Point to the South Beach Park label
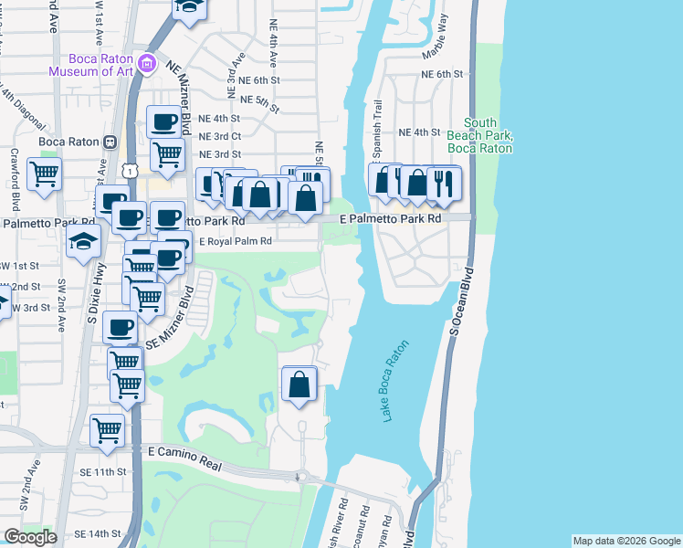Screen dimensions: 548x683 [480, 135]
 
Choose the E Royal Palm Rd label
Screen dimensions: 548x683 [236, 241]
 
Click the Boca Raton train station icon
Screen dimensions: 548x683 [110, 142]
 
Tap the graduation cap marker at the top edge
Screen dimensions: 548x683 [190, 7]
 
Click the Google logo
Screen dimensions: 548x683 [30, 537]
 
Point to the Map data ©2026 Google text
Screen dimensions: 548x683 [626, 541]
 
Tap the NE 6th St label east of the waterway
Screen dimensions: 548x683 [444, 75]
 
